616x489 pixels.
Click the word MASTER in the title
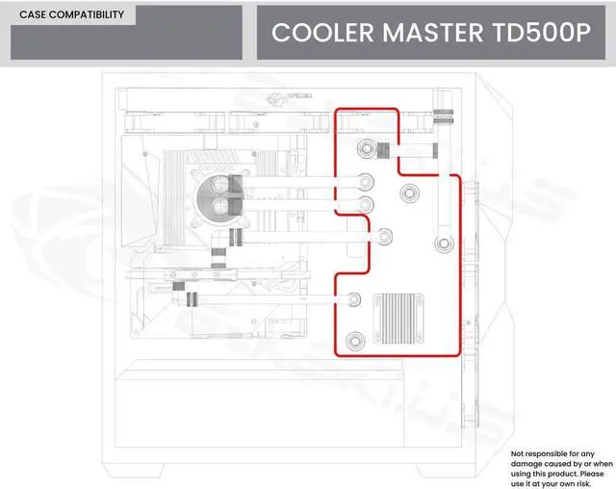click(427, 33)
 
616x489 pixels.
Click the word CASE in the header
click(35, 15)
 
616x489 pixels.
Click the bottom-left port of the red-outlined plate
click(355, 339)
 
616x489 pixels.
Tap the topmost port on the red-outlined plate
click(367, 150)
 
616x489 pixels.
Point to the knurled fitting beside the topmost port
click(382, 150)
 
